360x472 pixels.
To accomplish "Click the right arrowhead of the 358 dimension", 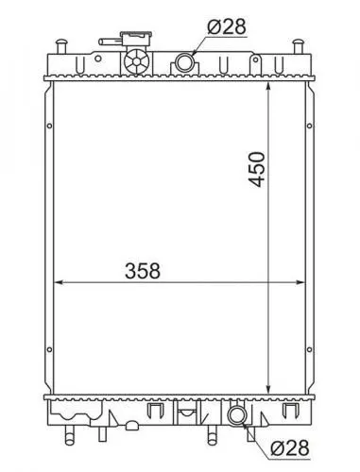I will click(300, 281).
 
